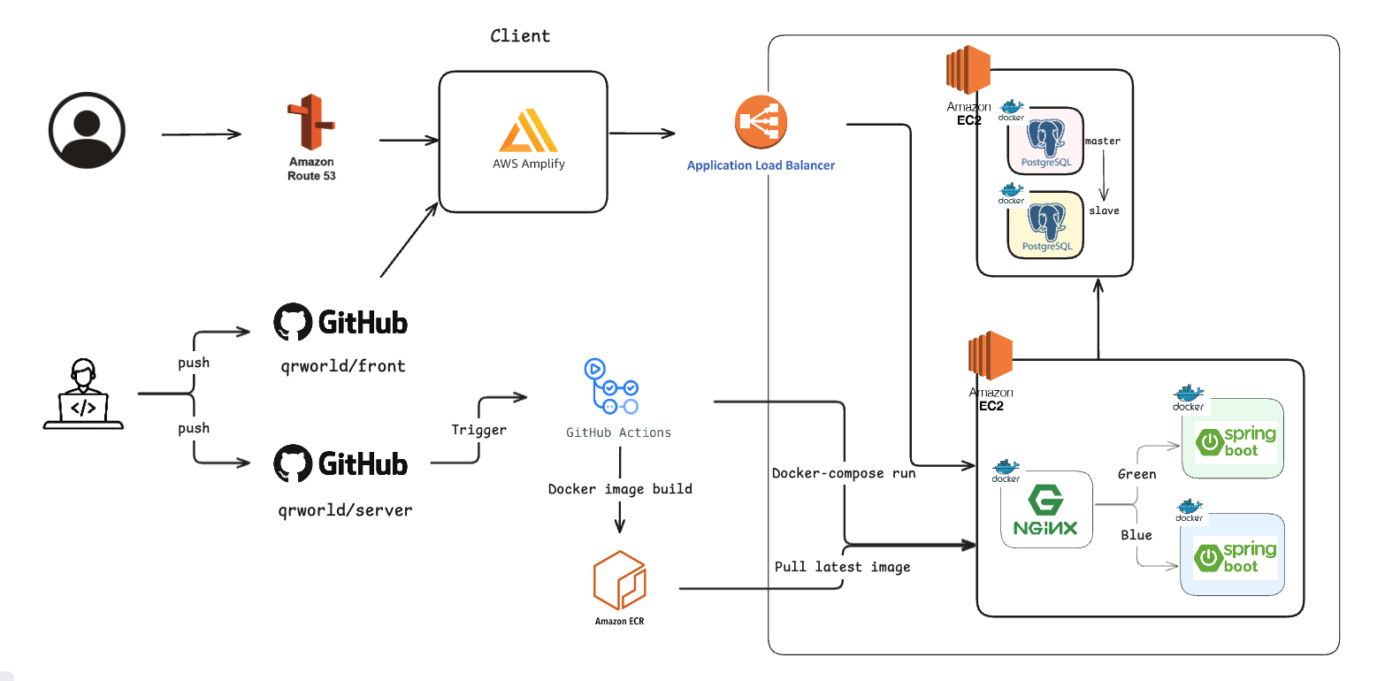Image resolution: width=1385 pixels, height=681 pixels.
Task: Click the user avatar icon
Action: click(88, 131)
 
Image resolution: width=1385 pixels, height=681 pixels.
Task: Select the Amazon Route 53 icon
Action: click(311, 122)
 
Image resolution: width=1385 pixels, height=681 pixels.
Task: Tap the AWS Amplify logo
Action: click(529, 131)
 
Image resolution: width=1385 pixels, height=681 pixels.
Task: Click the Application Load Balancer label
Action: click(761, 165)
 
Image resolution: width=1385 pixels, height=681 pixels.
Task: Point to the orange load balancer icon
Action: click(761, 122)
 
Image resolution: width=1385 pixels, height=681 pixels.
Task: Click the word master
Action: click(1103, 141)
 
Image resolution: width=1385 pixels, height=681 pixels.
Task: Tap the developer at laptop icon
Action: click(83, 394)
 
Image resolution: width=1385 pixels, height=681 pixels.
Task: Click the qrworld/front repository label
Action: click(343, 366)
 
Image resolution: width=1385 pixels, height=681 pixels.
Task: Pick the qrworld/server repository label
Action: click(345, 510)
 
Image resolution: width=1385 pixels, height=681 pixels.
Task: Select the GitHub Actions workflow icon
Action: click(611, 386)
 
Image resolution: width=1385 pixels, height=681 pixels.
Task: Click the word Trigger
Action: click(478, 430)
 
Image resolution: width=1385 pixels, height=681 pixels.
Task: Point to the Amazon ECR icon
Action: click(620, 580)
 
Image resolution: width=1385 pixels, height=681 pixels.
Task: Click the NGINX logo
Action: click(1045, 509)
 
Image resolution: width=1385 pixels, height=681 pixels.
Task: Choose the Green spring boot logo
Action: click(1236, 441)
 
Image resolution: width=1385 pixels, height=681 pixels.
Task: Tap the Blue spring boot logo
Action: click(1236, 556)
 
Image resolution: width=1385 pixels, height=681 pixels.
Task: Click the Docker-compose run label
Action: click(844, 473)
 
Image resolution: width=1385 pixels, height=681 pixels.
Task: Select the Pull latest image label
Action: click(842, 567)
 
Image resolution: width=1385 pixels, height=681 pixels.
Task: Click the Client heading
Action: click(520, 36)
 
